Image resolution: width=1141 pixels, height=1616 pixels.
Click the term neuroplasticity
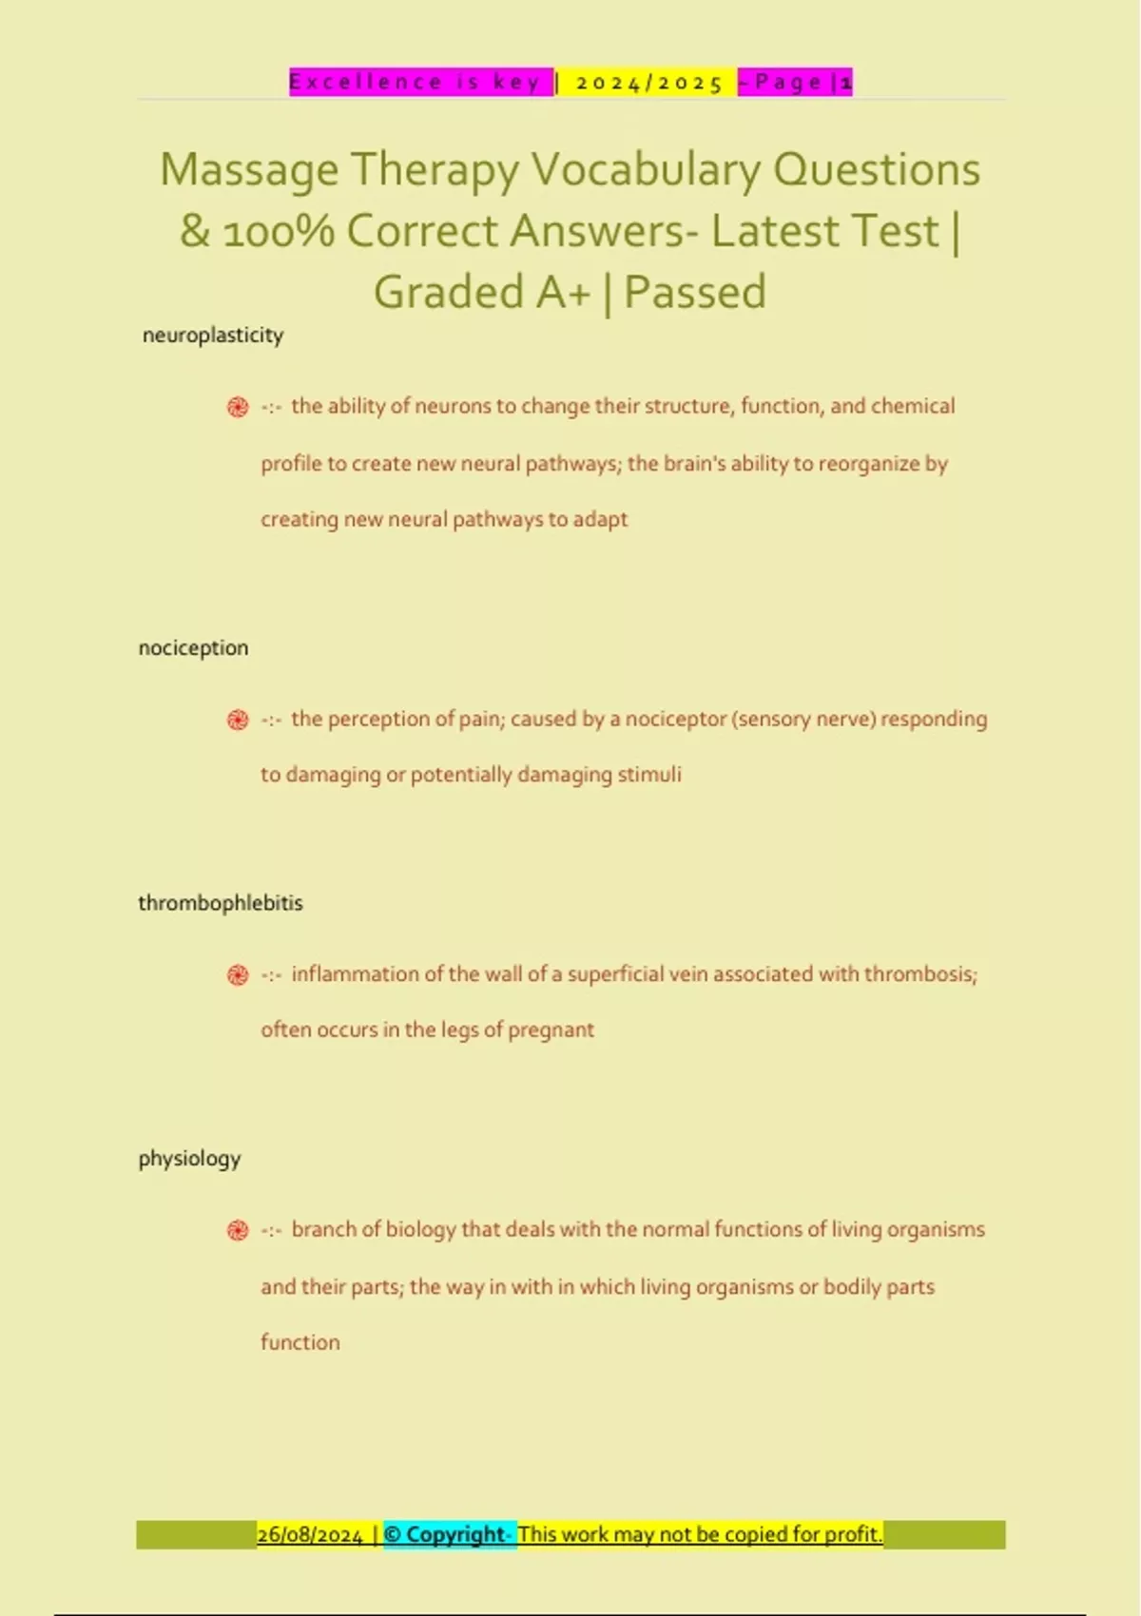coord(213,336)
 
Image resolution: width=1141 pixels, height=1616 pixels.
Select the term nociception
coord(193,648)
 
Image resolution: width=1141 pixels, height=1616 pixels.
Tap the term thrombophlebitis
coord(221,903)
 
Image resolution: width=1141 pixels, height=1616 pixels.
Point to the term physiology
coord(189,1159)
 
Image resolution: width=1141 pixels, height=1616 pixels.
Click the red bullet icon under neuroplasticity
coord(238,408)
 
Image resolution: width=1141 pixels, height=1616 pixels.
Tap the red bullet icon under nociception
coord(238,721)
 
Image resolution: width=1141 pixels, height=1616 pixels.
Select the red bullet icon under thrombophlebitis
coord(238,975)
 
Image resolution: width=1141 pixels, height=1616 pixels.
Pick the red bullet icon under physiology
coord(238,1231)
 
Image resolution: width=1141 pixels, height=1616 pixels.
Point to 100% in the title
coord(279,232)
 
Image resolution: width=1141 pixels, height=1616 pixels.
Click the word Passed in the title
coord(695,293)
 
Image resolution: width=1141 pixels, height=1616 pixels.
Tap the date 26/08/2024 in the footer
coord(310,1535)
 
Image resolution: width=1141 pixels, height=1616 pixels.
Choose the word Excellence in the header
coord(365,83)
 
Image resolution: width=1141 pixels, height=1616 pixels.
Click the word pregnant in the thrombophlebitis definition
coord(551,1030)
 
